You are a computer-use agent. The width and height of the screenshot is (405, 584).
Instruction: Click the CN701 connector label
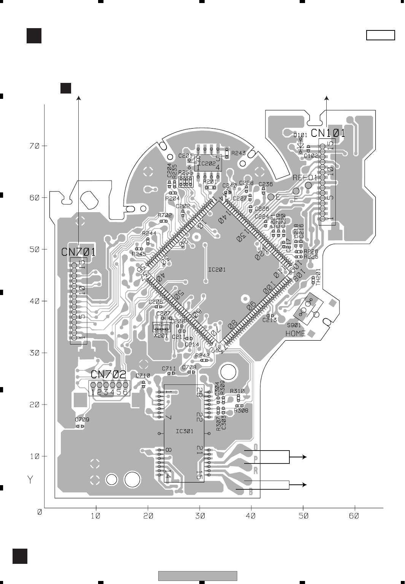click(79, 252)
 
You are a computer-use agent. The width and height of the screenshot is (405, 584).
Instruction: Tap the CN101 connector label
click(328, 133)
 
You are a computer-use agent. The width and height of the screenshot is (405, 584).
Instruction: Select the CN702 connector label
click(108, 375)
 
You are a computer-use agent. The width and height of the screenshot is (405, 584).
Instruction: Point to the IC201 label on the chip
click(217, 270)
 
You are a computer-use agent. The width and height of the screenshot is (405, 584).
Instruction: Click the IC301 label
click(184, 431)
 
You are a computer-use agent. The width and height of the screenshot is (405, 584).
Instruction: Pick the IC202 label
click(207, 163)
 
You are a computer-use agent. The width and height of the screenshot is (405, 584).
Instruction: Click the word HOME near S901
click(295, 333)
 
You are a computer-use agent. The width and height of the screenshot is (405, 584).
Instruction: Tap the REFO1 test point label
click(305, 178)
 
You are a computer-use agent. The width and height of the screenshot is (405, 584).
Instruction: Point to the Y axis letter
click(30, 480)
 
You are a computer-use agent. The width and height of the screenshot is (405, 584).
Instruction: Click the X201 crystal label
click(160, 336)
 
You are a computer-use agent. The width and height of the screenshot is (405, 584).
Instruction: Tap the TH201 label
click(318, 278)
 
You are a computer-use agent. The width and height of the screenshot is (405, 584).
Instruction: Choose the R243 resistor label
click(238, 153)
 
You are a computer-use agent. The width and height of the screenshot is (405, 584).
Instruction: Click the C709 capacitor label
click(82, 420)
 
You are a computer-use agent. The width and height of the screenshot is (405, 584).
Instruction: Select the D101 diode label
click(300, 135)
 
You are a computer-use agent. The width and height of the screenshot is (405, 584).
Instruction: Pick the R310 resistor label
click(237, 391)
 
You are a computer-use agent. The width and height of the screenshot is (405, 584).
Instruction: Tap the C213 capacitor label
click(270, 320)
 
